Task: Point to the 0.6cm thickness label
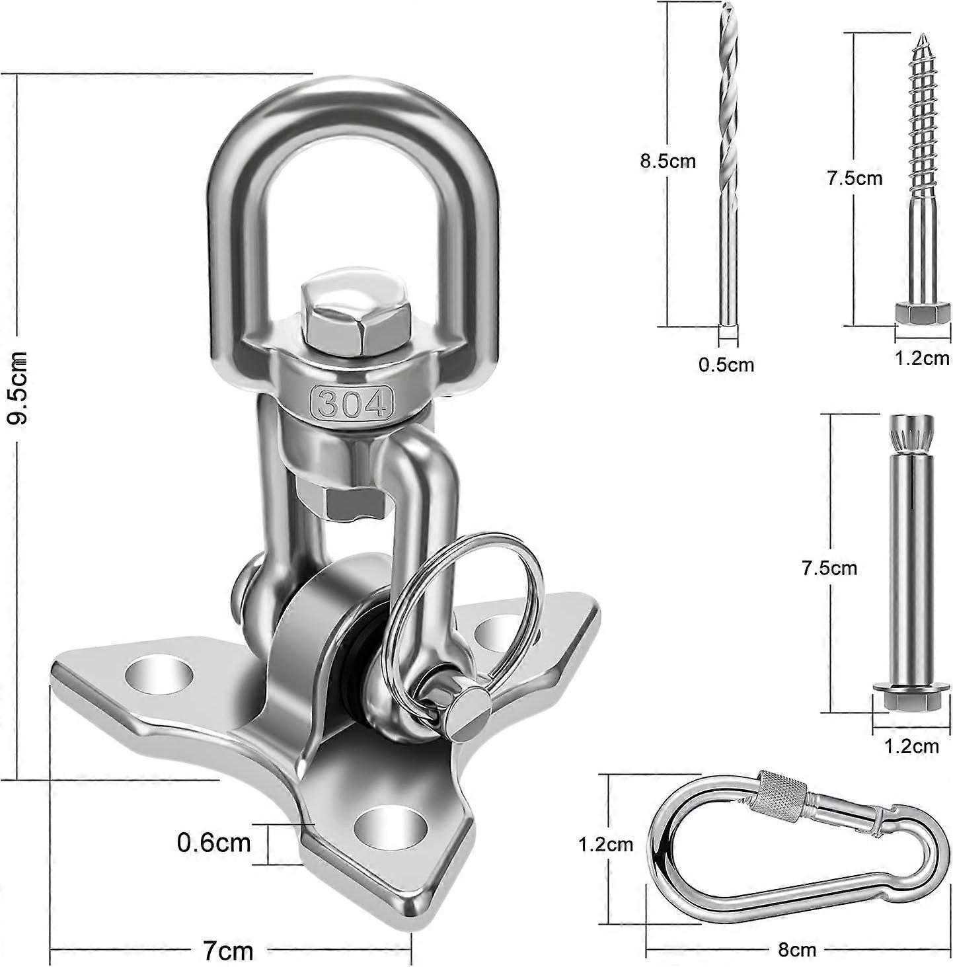point(214,842)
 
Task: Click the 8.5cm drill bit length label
point(667,161)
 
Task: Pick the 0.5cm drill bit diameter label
point(726,364)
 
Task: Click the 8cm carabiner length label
point(796,950)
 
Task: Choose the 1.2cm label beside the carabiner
point(605,844)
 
